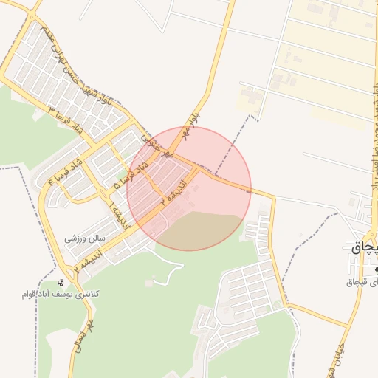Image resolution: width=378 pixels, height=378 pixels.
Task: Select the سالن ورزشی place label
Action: pyautogui.click(x=87, y=238)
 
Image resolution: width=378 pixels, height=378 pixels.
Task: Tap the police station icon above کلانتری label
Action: pyautogui.click(x=61, y=283)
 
